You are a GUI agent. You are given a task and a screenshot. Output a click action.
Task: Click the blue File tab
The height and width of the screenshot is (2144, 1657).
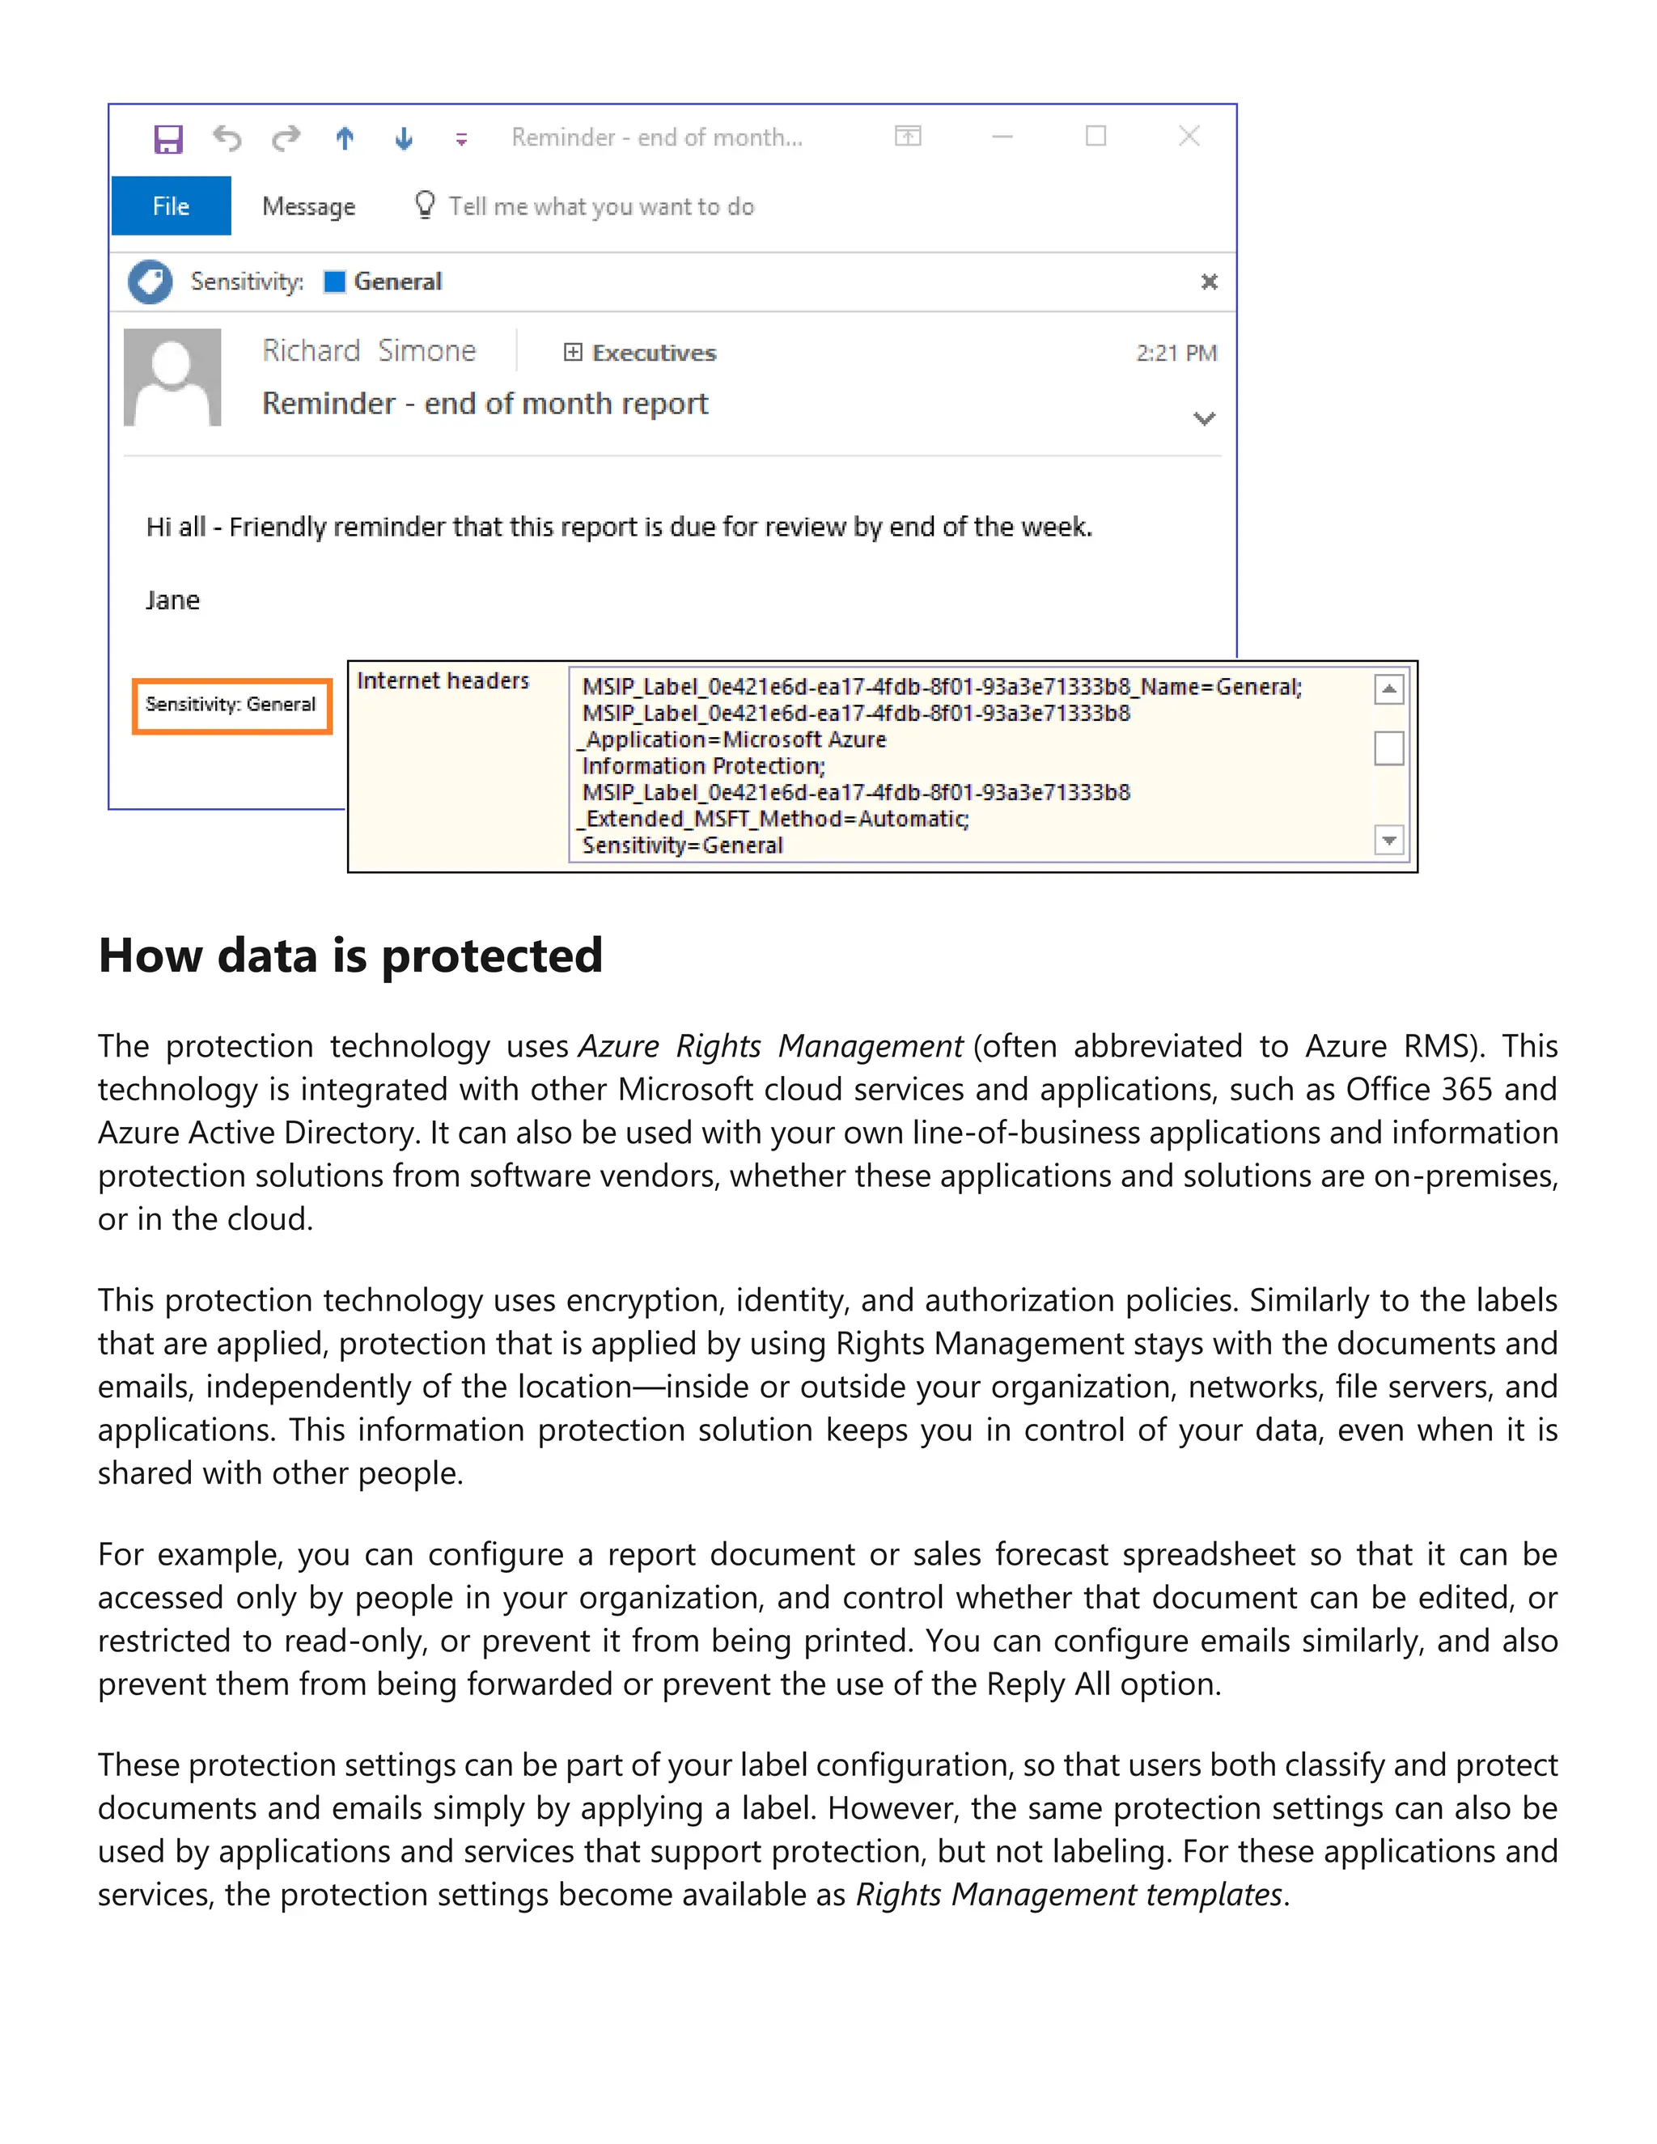171,206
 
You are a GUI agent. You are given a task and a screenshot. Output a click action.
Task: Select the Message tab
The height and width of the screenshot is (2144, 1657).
308,206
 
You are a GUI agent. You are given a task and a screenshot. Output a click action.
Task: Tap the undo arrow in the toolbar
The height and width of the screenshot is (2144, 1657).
227,138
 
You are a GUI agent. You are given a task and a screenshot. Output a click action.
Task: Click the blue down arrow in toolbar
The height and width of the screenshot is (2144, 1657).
404,138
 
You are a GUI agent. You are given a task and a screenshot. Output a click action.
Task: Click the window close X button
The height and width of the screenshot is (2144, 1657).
1189,137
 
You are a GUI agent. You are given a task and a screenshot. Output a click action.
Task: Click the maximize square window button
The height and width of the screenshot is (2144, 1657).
1095,137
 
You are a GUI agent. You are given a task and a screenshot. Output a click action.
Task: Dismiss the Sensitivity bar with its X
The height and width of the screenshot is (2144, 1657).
1210,282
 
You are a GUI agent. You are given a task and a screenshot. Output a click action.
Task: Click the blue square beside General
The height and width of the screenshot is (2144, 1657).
335,282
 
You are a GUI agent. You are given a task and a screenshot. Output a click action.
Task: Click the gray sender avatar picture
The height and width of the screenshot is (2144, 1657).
173,377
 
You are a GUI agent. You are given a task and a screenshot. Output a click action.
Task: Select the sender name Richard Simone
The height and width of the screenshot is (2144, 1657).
369,350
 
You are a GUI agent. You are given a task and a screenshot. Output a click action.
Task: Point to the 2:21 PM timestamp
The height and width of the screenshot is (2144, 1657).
1176,353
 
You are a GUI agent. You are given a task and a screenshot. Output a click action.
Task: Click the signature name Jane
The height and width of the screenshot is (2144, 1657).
173,600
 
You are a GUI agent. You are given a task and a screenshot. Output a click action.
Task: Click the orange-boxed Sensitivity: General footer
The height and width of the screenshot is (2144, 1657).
231,705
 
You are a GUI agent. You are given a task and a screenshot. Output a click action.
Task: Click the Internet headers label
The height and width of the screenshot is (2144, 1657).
443,680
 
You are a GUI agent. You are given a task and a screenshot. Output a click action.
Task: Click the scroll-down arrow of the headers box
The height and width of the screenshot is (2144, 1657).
1389,841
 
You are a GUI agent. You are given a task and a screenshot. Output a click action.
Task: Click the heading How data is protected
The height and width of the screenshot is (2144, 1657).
350,955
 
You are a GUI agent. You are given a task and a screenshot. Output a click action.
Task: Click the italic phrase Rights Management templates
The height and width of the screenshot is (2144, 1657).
1069,1894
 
